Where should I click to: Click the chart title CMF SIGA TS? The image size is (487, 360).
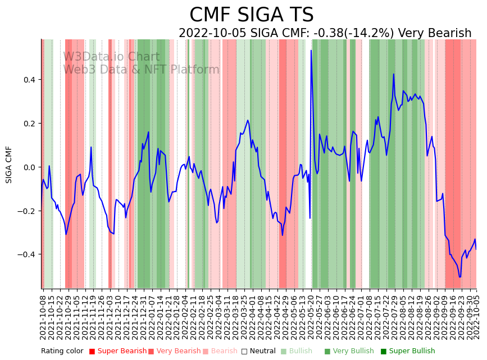(251, 15)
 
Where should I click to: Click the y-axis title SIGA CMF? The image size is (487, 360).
(9, 165)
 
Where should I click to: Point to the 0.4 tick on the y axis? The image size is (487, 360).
(29, 80)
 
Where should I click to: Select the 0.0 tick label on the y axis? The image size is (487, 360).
(29, 167)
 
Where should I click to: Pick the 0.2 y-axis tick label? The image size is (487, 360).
(29, 124)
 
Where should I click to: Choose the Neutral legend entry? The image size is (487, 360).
(258, 351)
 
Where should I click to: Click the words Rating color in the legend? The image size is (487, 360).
(62, 351)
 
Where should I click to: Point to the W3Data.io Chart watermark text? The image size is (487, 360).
(111, 57)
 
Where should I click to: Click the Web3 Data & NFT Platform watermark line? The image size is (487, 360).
(141, 70)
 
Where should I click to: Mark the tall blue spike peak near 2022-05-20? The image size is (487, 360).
(311, 51)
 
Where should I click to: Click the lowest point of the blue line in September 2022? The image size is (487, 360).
(459, 277)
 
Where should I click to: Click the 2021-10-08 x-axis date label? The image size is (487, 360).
(43, 315)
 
